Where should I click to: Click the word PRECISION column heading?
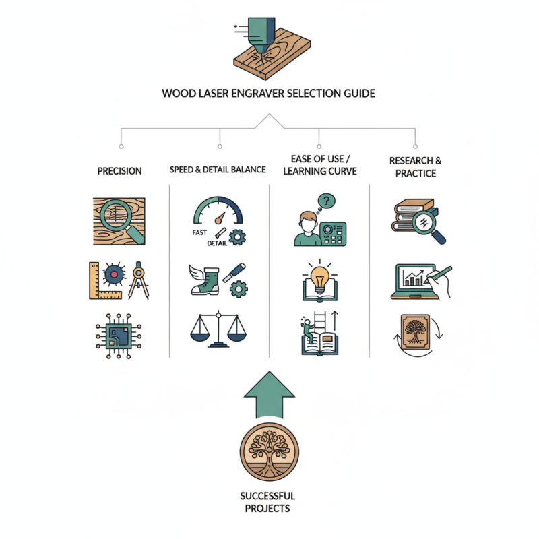(x=119, y=171)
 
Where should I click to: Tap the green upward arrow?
(x=268, y=395)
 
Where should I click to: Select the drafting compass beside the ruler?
(x=139, y=280)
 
